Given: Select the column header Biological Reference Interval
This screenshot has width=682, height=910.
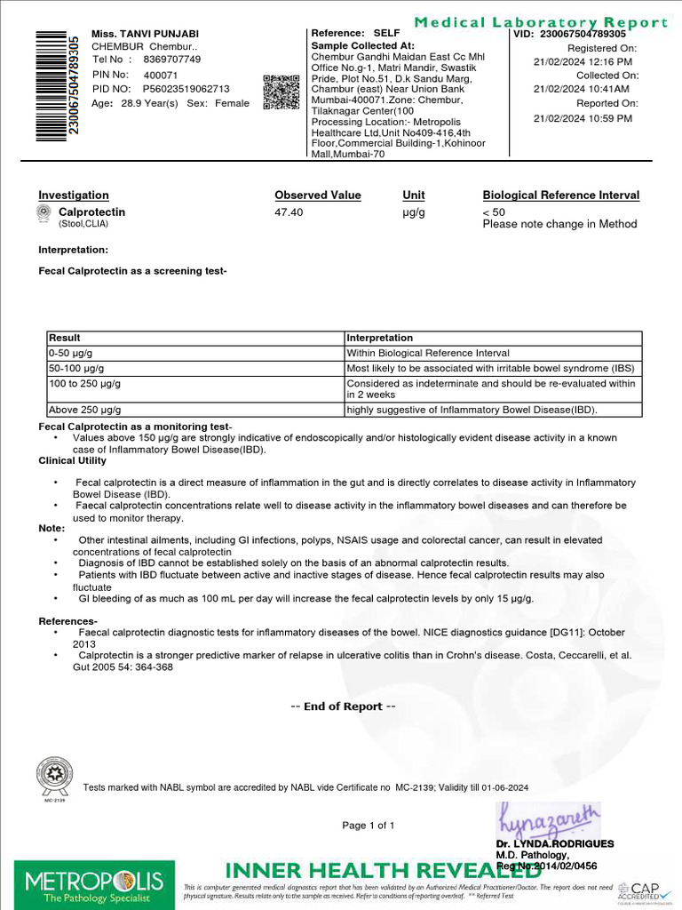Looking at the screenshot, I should click(x=560, y=196).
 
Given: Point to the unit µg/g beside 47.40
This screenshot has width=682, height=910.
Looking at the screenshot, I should click(x=414, y=212).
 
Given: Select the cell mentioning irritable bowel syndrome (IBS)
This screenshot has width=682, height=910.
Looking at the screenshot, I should click(x=491, y=368).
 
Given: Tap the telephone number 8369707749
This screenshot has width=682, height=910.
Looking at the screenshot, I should click(x=171, y=60).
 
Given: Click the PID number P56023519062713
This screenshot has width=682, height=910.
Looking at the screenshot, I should click(x=186, y=89).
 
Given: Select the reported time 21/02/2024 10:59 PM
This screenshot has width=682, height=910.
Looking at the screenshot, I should click(x=583, y=118).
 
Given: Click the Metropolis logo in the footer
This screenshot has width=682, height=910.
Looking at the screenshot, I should click(x=93, y=883).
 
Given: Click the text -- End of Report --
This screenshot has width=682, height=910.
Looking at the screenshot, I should click(x=343, y=706).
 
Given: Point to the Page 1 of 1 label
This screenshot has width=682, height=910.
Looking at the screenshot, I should click(x=369, y=826).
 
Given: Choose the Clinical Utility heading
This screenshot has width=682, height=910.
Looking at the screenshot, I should click(x=72, y=460).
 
